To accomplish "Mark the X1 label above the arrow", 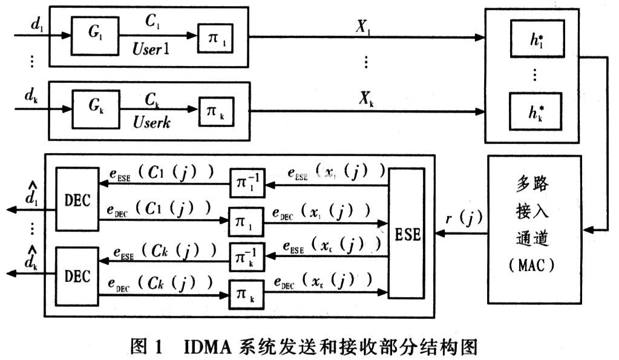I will coord(362,27).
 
